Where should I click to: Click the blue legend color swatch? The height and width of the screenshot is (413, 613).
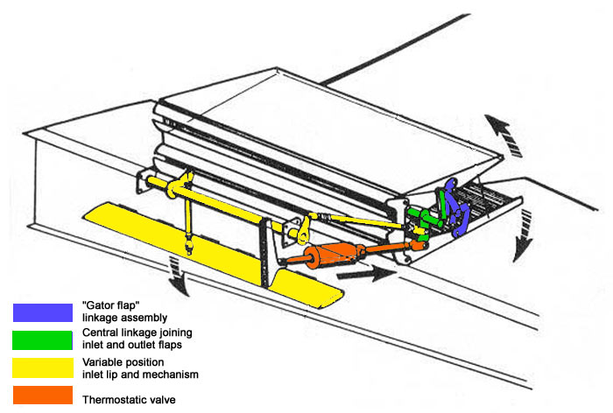(x=42, y=312)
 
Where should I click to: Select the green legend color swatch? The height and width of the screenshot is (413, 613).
(x=42, y=339)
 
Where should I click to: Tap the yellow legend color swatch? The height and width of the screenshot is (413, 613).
(x=42, y=367)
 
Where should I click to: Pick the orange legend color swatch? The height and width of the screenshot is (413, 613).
(x=42, y=395)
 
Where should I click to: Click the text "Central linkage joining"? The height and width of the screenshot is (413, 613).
(x=137, y=332)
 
